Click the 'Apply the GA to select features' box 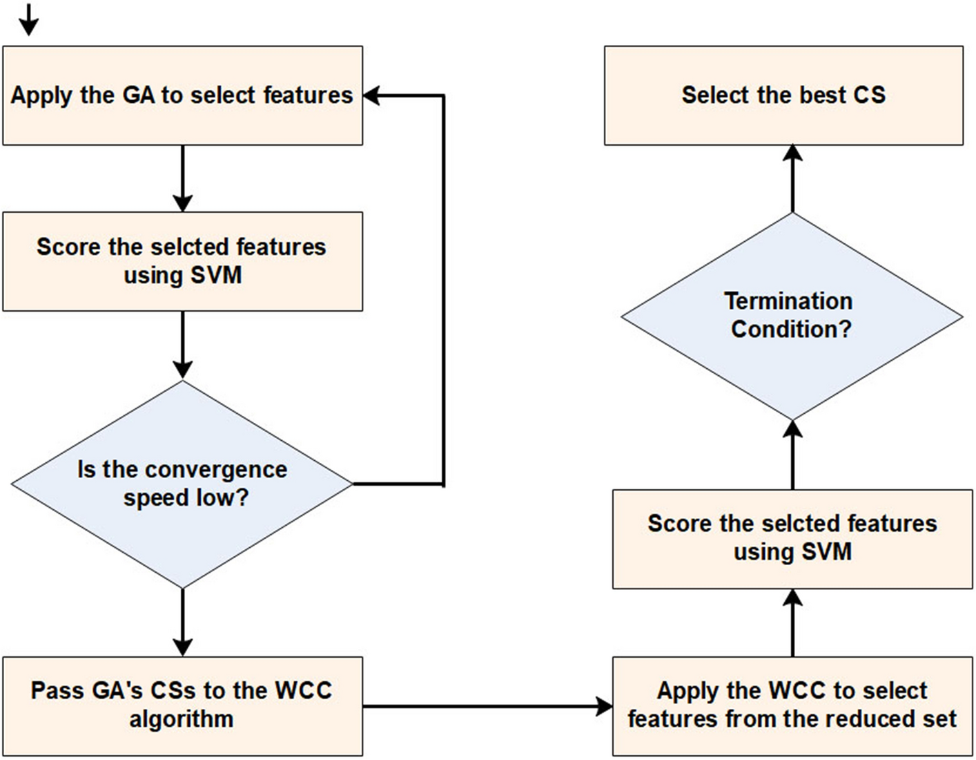click(x=183, y=95)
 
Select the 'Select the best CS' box click(x=783, y=95)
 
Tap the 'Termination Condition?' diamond click(x=792, y=316)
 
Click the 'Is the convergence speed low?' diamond click(x=182, y=484)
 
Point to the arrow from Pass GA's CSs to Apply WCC click(x=488, y=707)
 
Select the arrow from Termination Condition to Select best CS click(x=793, y=178)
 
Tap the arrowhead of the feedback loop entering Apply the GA click(x=371, y=95)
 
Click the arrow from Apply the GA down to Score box click(x=183, y=178)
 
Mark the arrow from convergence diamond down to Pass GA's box click(x=183, y=623)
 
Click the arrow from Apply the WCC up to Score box click(x=793, y=623)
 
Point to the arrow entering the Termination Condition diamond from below click(x=793, y=455)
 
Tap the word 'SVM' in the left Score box click(x=216, y=274)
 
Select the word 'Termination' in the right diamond click(x=788, y=301)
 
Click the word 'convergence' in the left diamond click(x=216, y=470)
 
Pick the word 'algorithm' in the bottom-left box click(x=182, y=719)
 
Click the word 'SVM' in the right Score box click(x=826, y=551)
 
